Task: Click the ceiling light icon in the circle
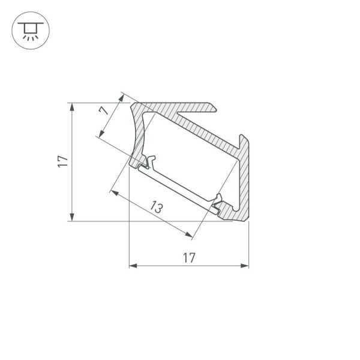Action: [28, 28]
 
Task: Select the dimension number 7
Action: [104, 111]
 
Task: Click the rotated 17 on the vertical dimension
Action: [62, 161]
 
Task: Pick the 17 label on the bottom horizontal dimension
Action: [188, 258]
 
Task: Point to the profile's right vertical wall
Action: [244, 180]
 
